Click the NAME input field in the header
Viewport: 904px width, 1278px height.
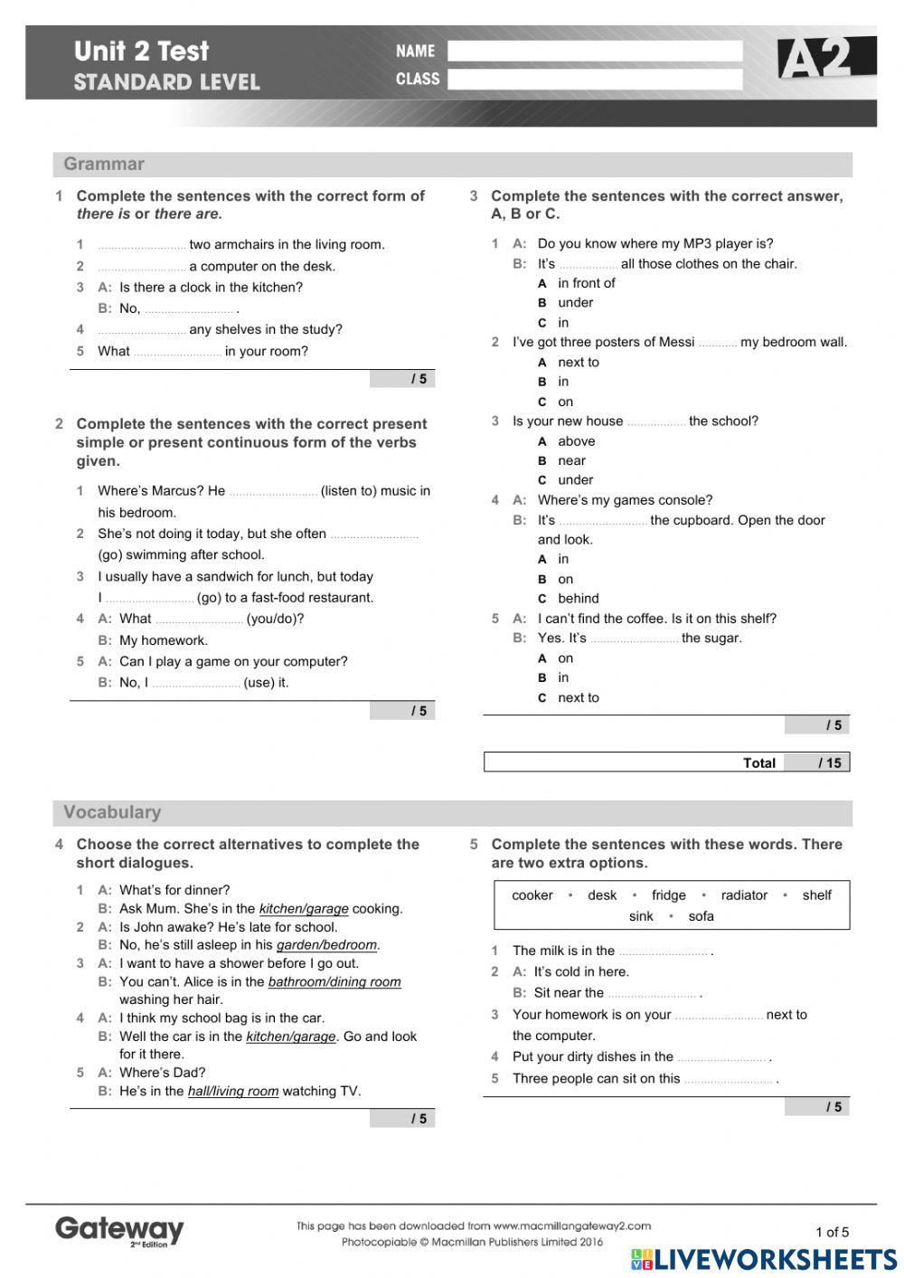[x=595, y=52]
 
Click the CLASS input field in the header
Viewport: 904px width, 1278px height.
[x=595, y=80]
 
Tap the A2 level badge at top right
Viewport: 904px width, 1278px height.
[x=824, y=60]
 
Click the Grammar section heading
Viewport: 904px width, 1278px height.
[x=104, y=164]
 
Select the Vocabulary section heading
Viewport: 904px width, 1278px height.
[x=112, y=812]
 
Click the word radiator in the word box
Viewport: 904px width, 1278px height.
[x=744, y=895]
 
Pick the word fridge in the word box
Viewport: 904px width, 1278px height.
[x=668, y=895]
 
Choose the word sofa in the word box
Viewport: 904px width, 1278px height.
[x=701, y=916]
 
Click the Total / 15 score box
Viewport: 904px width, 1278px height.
[x=666, y=762]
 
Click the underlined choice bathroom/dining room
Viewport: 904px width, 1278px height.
[x=334, y=982]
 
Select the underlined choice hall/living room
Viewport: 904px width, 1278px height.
[x=233, y=1092]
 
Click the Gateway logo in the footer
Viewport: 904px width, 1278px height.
[x=119, y=1230]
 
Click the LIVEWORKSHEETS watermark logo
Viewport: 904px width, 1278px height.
[x=764, y=1259]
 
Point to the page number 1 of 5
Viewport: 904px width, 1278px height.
[x=832, y=1232]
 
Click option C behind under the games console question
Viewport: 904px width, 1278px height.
[x=578, y=599]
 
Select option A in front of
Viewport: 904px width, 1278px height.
[x=586, y=283]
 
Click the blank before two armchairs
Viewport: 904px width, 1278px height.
[x=142, y=246]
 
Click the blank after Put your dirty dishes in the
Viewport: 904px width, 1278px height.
[x=721, y=1058]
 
